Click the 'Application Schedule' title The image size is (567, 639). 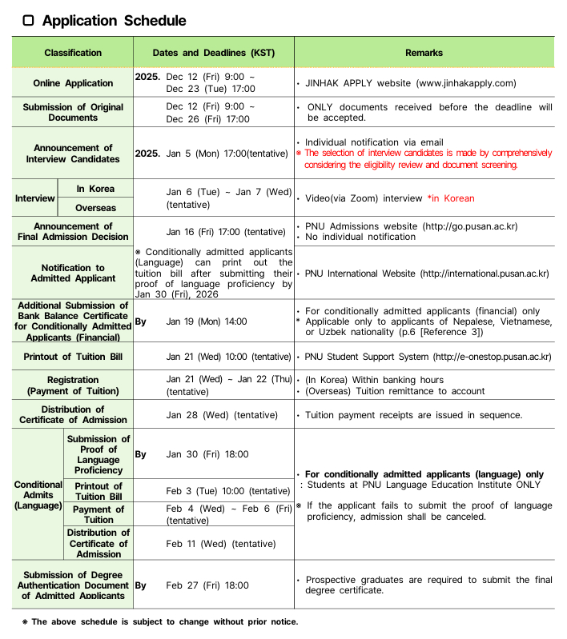114,21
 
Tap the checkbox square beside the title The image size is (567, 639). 29,21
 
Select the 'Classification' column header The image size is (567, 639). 73,53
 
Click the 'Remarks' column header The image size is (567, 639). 424,53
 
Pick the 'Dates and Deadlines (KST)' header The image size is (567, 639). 214,53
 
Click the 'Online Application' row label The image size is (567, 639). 73,83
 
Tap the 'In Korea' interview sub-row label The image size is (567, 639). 95,189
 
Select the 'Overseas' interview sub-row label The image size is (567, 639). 95,208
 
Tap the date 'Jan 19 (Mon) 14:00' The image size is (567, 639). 207,321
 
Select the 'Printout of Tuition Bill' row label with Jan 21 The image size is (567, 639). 73,357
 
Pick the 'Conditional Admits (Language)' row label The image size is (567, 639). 38,495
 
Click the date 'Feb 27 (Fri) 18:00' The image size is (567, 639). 207,585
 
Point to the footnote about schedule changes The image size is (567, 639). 159,622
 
